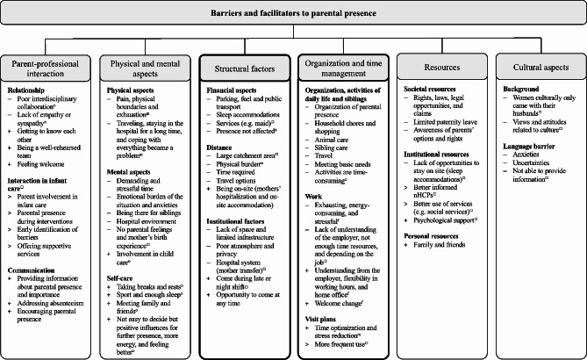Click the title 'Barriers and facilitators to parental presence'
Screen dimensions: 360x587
point(293,15)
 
